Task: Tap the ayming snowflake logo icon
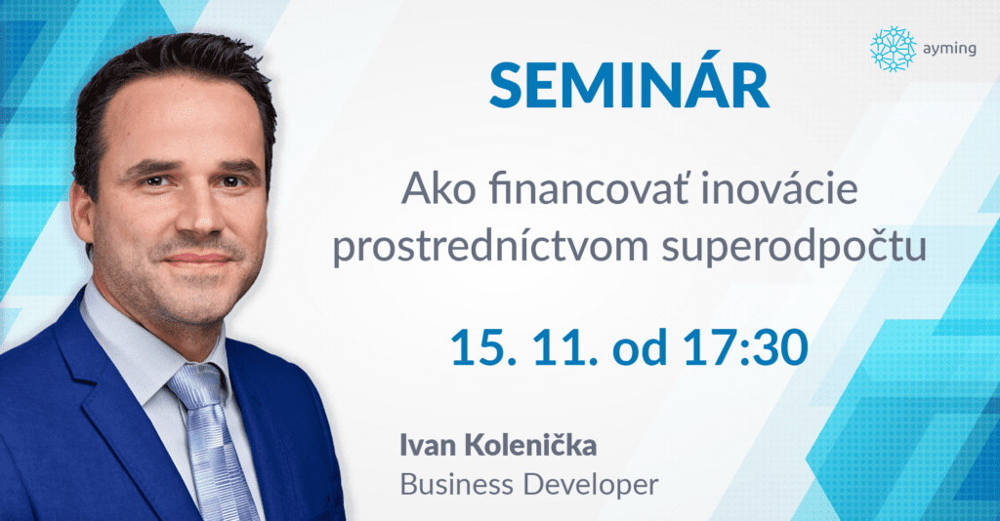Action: coord(891,49)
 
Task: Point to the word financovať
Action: coord(595,190)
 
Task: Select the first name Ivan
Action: coord(427,447)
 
